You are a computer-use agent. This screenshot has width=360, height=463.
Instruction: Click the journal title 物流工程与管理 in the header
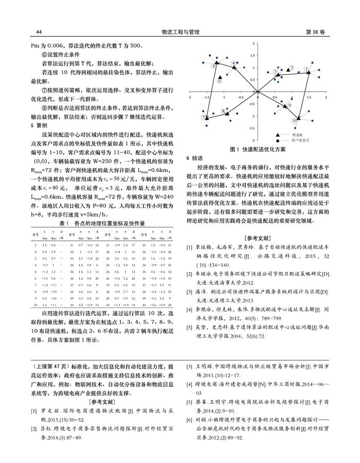coord(179,32)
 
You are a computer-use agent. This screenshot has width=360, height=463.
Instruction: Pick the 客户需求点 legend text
coord(300,139)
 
